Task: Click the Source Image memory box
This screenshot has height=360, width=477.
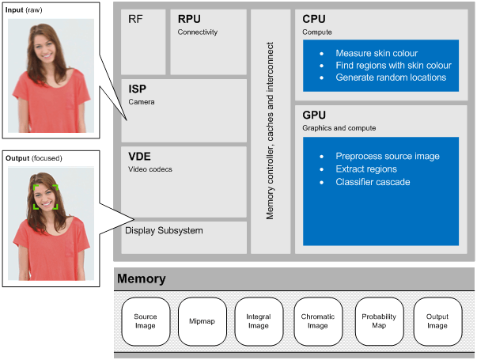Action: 146,321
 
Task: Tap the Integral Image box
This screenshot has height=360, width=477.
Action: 259,321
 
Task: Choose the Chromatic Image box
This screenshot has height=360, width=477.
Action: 318,321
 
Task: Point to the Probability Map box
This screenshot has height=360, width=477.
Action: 379,321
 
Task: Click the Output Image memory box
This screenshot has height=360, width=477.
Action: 437,321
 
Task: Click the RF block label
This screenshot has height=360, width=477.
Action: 136,20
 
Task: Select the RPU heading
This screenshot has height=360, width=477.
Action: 190,20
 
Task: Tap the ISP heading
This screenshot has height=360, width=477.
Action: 138,89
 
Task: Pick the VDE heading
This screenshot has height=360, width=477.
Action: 140,157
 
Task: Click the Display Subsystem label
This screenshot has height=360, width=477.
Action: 164,230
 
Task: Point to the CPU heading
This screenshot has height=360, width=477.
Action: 315,20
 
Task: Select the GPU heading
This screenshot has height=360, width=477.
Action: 315,114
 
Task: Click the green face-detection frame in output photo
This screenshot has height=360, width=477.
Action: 45,196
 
